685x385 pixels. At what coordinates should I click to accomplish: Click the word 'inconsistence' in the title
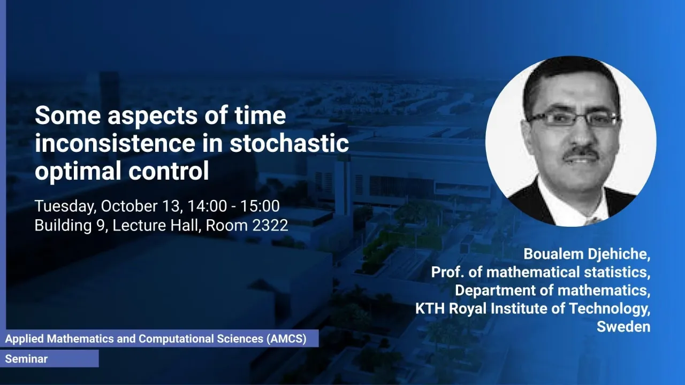tap(115, 143)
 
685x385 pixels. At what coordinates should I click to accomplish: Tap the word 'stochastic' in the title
tap(290, 143)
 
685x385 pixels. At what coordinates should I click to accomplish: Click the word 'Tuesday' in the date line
tap(65, 206)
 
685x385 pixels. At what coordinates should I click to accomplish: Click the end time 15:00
tap(260, 206)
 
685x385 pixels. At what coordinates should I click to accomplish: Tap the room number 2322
tap(270, 226)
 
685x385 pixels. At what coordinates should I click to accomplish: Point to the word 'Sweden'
tap(623, 327)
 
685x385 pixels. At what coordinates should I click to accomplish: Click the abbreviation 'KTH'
tap(430, 309)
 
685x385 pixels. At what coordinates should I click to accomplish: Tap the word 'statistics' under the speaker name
tap(618, 272)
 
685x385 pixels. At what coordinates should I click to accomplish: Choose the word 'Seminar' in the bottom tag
tap(26, 359)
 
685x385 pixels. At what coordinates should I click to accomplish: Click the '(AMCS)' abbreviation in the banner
tap(286, 339)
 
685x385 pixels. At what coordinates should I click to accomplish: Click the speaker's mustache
tap(581, 153)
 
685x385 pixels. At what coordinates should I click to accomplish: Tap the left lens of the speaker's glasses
tap(547, 119)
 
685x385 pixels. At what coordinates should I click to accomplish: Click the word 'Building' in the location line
tap(63, 226)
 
